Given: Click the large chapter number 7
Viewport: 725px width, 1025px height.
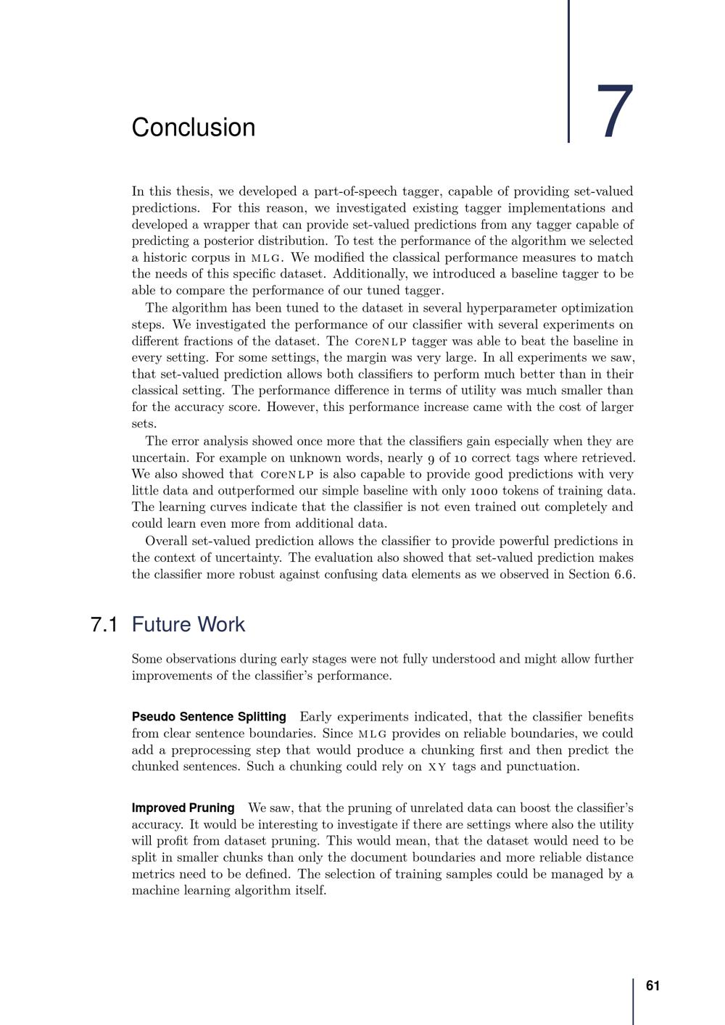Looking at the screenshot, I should click(x=616, y=113).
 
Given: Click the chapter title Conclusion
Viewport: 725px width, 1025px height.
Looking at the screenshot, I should click(x=193, y=128).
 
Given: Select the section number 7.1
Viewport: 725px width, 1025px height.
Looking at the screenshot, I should click(x=104, y=625).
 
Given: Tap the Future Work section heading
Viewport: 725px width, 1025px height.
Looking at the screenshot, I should click(x=188, y=625).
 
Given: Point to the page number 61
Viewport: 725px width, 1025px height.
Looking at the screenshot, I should click(x=652, y=986).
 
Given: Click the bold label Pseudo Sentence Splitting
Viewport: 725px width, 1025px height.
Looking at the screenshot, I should click(x=209, y=717).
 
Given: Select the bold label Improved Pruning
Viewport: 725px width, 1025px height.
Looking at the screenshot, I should click(x=183, y=808).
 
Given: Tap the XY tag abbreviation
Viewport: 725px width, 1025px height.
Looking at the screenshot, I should click(x=437, y=767).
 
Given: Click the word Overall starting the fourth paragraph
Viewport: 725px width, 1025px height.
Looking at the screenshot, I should click(x=167, y=541).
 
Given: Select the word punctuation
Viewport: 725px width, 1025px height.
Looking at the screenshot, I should click(x=543, y=767).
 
